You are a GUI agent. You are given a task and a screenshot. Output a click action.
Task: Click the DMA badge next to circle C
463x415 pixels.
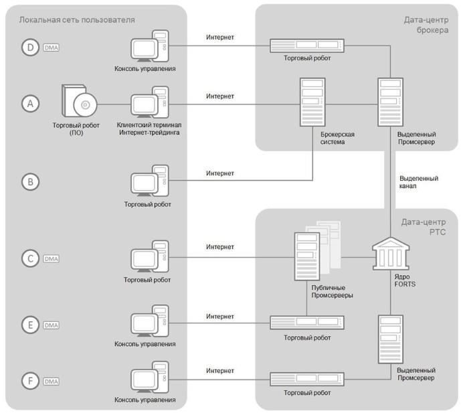click(x=52, y=258)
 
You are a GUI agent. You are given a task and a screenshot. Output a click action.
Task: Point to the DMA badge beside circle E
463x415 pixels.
click(x=52, y=325)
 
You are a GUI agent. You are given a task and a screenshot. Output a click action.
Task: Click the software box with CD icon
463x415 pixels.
click(x=79, y=103)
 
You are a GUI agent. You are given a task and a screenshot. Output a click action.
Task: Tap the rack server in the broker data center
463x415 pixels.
click(x=307, y=46)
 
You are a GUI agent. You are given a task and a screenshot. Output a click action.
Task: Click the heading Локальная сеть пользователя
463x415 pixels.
click(x=77, y=20)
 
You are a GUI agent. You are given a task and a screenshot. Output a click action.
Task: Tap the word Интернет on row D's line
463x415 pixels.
click(x=220, y=37)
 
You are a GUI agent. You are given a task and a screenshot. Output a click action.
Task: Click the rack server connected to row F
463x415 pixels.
click(x=307, y=380)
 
